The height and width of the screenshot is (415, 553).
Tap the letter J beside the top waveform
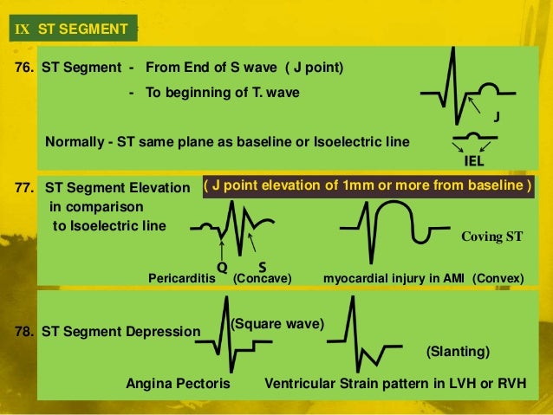pyautogui.click(x=496, y=116)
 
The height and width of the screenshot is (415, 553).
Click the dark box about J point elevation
pyautogui.click(x=368, y=186)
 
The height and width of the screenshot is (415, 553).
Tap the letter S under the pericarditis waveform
pyautogui.click(x=262, y=267)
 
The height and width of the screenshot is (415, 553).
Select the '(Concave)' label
pyautogui.click(x=262, y=278)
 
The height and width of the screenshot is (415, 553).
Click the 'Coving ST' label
pyautogui.click(x=491, y=236)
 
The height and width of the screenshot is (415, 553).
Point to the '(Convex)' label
pyautogui.click(x=498, y=278)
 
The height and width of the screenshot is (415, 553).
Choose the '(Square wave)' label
pyautogui.click(x=276, y=323)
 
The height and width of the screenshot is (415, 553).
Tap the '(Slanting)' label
pyautogui.click(x=459, y=352)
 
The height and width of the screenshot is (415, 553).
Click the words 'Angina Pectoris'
pyautogui.click(x=178, y=383)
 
